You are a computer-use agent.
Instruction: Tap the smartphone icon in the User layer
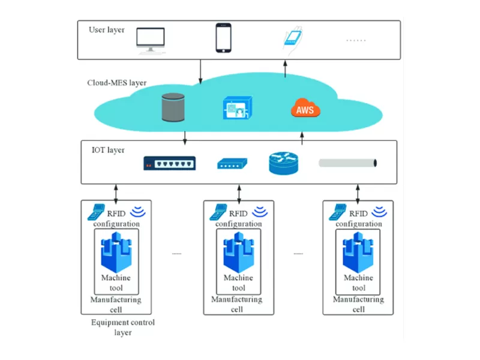click(x=224, y=38)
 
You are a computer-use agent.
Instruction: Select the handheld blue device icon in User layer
click(x=293, y=37)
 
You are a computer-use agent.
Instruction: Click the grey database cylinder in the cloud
click(x=175, y=108)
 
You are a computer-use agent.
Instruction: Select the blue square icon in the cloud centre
click(x=235, y=109)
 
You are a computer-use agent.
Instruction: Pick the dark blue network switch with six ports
click(x=169, y=163)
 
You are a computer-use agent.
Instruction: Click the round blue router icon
click(x=283, y=163)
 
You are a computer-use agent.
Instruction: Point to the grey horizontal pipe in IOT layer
click(x=348, y=163)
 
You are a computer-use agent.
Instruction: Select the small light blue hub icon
click(x=231, y=163)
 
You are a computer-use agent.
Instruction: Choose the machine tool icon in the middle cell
click(x=238, y=254)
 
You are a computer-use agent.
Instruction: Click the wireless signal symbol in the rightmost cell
click(x=379, y=211)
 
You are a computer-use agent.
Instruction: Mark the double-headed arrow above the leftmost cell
click(x=116, y=192)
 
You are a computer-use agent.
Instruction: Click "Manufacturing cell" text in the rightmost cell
click(x=358, y=304)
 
